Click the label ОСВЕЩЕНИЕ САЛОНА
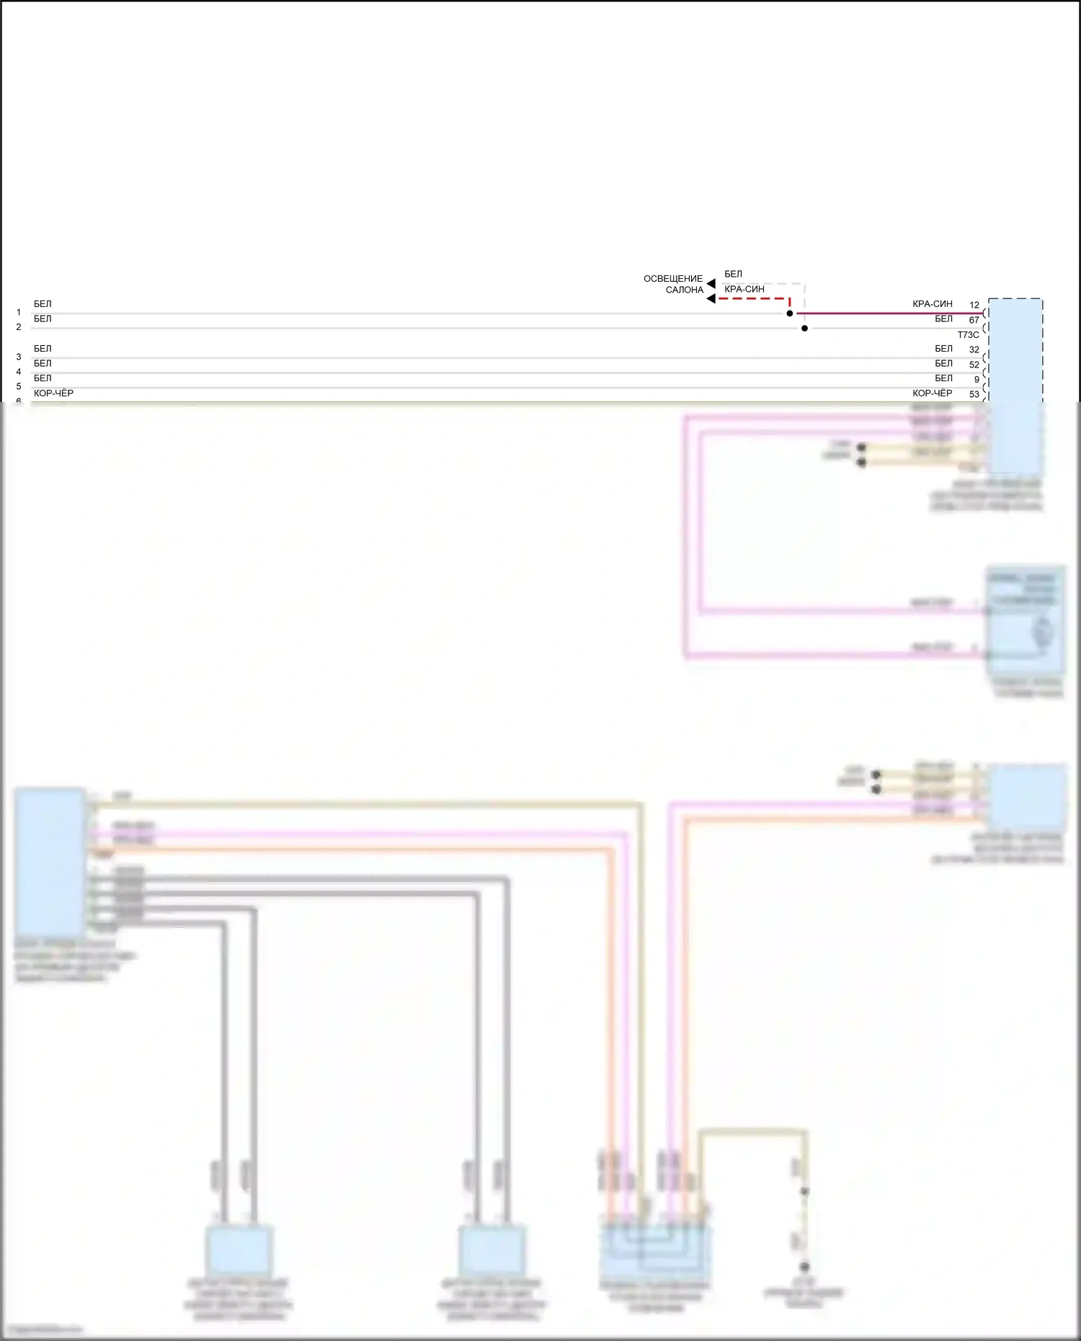(673, 284)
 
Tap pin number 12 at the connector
(974, 305)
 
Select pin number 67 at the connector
(974, 320)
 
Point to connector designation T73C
(968, 335)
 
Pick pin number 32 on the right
(974, 349)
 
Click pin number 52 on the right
(974, 365)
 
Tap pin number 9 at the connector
(977, 379)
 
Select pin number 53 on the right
(974, 394)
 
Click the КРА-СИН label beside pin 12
(932, 304)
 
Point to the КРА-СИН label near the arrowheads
(744, 289)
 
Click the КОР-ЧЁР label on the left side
(53, 393)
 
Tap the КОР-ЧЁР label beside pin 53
(932, 393)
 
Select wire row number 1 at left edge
(19, 313)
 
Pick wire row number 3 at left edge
(19, 357)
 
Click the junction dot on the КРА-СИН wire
(790, 313)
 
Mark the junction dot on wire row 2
(805, 329)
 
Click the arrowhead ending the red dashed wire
(711, 298)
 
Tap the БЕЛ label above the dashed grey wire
(733, 274)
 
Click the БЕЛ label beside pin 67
(943, 318)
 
